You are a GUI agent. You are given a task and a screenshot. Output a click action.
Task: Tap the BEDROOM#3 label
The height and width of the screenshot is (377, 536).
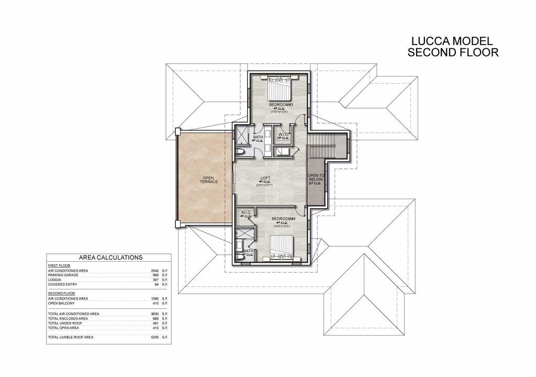tap(278, 104)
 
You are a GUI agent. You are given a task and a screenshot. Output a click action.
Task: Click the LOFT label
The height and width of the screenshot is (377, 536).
tap(265, 177)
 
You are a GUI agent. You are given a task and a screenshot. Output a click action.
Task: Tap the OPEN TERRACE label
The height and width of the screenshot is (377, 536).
tap(209, 180)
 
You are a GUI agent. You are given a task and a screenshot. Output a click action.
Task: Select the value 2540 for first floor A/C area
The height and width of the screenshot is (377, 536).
tap(153, 271)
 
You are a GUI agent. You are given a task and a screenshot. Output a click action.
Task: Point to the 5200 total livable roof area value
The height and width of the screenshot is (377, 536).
tap(153, 337)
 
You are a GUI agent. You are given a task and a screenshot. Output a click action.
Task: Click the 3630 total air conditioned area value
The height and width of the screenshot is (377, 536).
tap(153, 314)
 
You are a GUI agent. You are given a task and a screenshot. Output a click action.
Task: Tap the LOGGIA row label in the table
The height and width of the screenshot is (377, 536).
tap(55, 280)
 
